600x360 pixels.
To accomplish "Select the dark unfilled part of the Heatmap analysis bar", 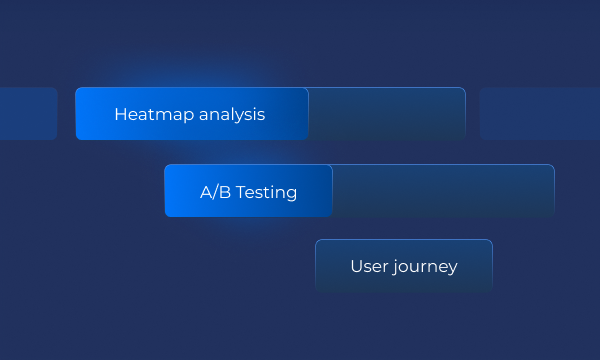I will [x=386, y=114].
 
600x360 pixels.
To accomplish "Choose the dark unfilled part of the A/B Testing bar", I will [x=442, y=191].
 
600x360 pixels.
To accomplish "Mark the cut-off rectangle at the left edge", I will [x=27, y=114].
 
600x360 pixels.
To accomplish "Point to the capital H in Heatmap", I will [x=120, y=114].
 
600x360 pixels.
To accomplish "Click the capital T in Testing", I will [x=241, y=192].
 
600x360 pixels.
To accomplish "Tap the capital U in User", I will [x=356, y=266].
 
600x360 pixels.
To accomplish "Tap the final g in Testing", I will [x=291, y=194].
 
